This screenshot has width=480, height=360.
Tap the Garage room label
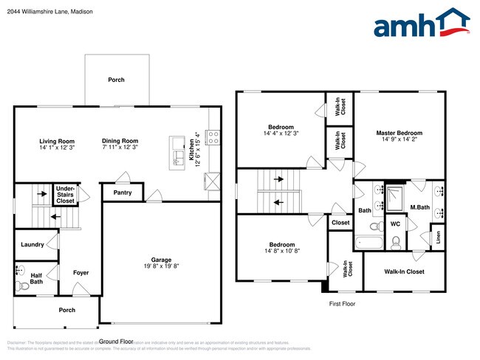click(x=161, y=260)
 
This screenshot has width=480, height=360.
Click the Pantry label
click(x=123, y=193)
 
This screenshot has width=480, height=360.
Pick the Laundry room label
click(x=32, y=244)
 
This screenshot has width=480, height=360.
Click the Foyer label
click(x=80, y=273)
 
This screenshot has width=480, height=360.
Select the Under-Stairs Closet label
click(x=66, y=195)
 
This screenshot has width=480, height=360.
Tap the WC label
click(x=395, y=223)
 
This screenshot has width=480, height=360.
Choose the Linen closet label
click(x=438, y=238)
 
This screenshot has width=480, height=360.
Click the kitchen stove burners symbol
click(x=212, y=136)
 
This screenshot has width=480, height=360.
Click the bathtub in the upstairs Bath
click(x=366, y=243)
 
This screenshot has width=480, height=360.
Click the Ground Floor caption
click(x=116, y=342)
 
